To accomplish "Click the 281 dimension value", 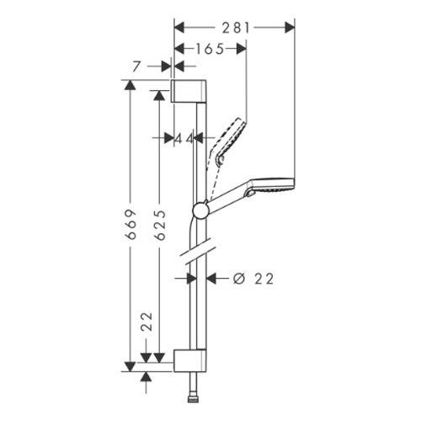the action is (236, 28).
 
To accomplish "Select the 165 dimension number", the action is (210, 49).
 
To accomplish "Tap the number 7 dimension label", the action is (136, 67).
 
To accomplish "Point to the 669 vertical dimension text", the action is (131, 224).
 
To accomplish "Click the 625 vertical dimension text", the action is (160, 225).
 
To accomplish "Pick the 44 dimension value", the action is (184, 139).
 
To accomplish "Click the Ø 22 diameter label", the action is (253, 279).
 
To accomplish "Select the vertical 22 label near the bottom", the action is (147, 322).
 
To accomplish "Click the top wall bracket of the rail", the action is (189, 91).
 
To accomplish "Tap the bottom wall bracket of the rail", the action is (190, 360).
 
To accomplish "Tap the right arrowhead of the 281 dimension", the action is (290, 28).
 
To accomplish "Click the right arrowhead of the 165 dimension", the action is (242, 49).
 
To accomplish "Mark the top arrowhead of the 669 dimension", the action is (130, 85).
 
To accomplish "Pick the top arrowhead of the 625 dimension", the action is (159, 95).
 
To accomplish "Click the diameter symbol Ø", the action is (239, 279).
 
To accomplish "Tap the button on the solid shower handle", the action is (250, 194).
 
